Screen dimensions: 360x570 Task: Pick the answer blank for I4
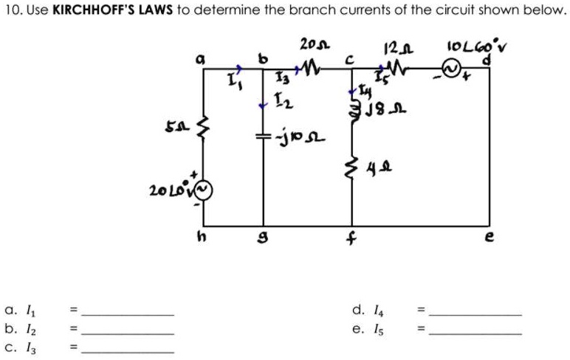coord(474,315)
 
